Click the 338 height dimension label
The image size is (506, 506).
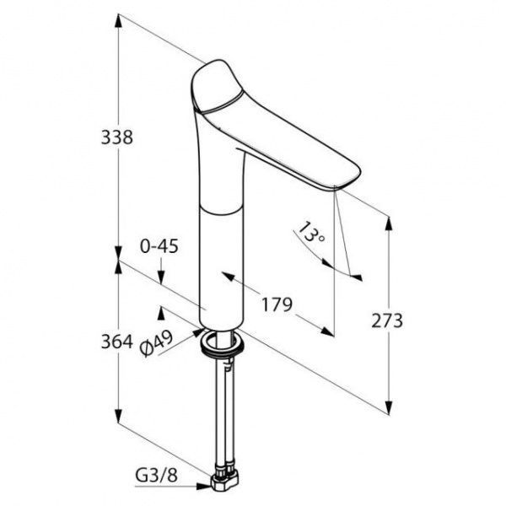tap(117, 137)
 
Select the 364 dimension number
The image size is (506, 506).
tap(117, 342)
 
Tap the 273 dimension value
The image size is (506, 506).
tap(387, 320)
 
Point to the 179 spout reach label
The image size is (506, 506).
tap(277, 304)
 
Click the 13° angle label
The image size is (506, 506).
tap(310, 233)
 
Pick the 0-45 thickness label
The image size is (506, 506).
tap(159, 247)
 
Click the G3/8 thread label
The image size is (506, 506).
tap(157, 476)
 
